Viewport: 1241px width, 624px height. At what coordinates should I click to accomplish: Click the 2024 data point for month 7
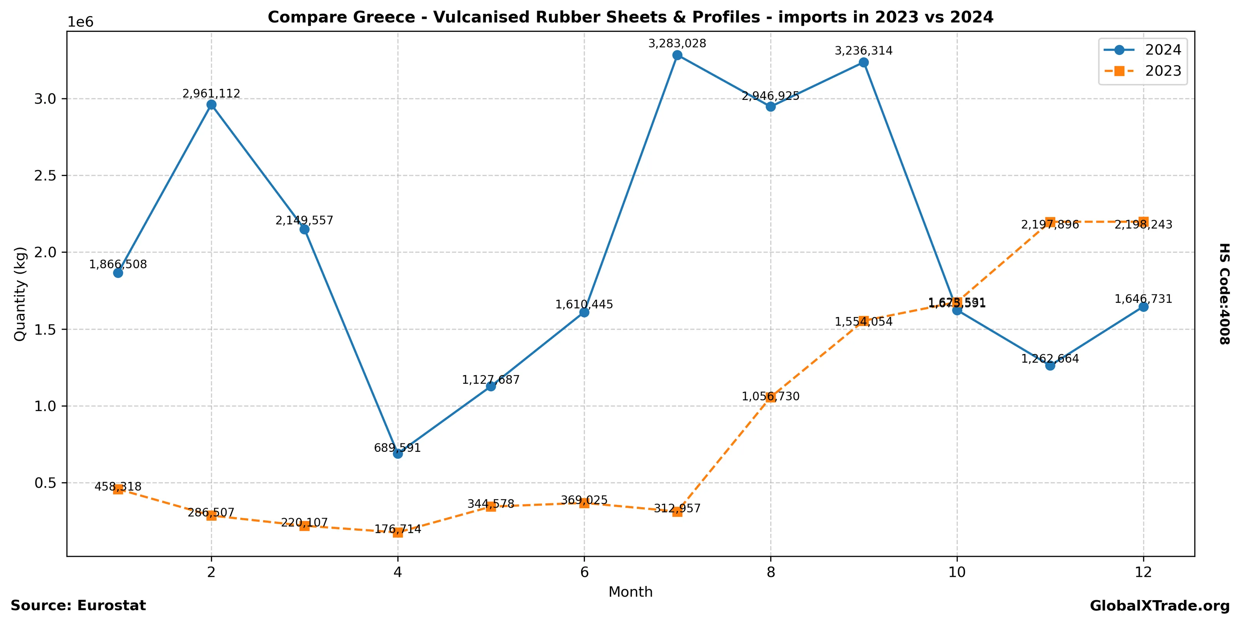click(677, 55)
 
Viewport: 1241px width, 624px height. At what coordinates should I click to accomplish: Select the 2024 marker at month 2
click(211, 105)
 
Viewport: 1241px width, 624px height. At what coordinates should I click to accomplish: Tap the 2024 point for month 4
click(397, 453)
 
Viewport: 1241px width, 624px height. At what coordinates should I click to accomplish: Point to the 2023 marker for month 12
click(1143, 222)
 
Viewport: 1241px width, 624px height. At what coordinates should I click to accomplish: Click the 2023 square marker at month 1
click(118, 489)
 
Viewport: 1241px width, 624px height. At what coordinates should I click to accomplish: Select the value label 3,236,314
click(863, 51)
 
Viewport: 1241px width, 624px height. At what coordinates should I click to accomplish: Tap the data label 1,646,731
click(1143, 299)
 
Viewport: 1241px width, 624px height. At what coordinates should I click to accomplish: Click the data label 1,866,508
click(118, 264)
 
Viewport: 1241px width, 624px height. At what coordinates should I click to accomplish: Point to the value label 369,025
click(584, 500)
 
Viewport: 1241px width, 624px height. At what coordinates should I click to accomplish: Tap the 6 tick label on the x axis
click(584, 572)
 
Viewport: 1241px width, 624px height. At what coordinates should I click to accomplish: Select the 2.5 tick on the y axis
click(45, 176)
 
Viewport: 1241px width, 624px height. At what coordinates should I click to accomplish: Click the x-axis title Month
click(630, 592)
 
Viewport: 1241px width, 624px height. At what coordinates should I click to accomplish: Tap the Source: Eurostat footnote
click(78, 606)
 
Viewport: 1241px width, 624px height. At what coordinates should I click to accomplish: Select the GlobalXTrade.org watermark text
click(1160, 606)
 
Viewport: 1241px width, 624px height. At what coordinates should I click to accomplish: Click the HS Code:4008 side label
click(1224, 294)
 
